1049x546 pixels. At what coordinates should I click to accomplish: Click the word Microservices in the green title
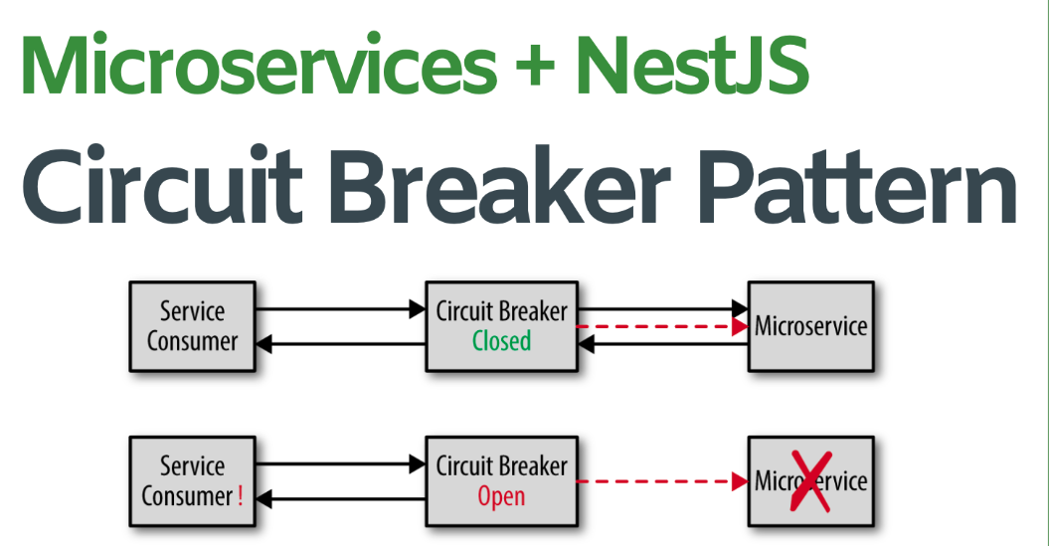pos(257,65)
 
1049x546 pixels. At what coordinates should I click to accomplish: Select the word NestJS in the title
pos(692,65)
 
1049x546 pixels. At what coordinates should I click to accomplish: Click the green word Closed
pos(501,341)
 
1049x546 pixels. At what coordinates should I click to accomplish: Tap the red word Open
pos(501,496)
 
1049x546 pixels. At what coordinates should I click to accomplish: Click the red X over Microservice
pos(811,482)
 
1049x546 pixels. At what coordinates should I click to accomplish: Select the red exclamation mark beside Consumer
pos(241,496)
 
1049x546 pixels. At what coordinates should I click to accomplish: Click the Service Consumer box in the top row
pos(192,326)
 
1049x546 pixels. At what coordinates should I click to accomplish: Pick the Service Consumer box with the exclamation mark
pos(192,481)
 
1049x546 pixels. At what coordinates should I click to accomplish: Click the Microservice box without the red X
pos(810,326)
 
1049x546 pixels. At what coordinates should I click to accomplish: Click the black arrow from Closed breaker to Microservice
pos(662,308)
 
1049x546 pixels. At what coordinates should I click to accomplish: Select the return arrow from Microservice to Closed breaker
pos(662,344)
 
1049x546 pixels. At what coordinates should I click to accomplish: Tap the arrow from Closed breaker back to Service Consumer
pos(340,344)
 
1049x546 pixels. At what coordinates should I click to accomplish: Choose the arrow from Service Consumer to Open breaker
pos(340,463)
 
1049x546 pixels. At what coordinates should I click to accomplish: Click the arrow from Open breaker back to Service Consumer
pos(340,499)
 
